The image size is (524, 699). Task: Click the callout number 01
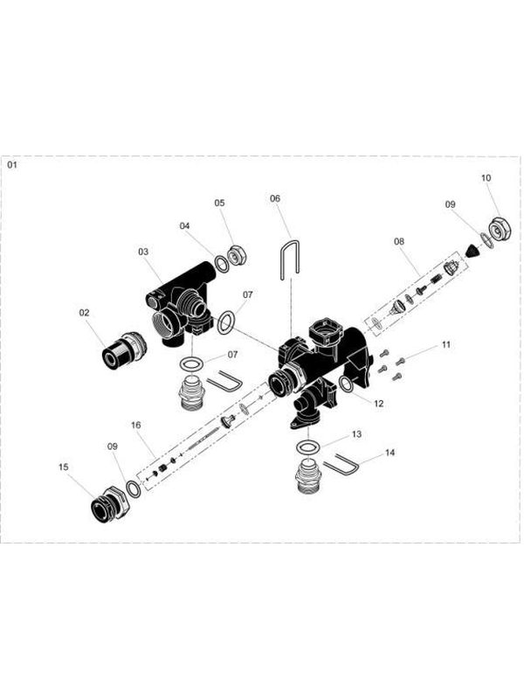12,163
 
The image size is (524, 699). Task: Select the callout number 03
143,251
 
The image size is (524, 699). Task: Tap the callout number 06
275,198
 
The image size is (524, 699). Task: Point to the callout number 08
399,239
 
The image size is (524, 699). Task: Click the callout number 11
445,345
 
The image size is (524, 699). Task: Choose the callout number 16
135,426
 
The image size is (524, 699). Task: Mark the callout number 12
378,404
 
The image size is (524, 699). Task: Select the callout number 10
486,177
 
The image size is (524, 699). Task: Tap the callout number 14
389,453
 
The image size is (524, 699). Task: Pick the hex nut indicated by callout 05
235,259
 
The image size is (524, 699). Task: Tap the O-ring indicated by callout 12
346,384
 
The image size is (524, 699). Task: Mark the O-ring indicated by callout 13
307,447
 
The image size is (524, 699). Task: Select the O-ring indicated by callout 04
222,264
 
